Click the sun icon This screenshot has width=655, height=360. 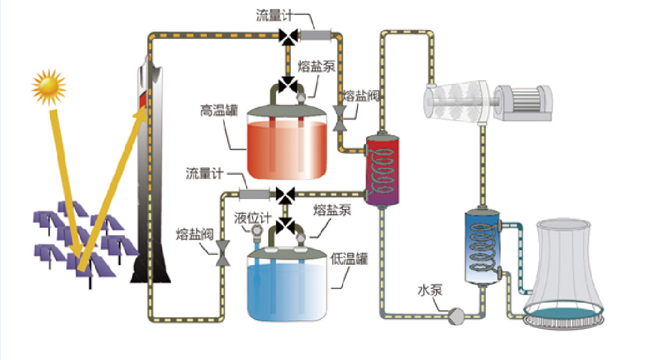(49, 87)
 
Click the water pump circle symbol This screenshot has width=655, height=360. (456, 314)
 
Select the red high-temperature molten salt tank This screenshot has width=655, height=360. (287, 147)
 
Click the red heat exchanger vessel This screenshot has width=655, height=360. (383, 170)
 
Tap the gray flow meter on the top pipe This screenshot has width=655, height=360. (315, 36)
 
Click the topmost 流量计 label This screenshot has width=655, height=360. (274, 16)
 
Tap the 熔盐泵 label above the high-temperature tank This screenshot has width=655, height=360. (317, 67)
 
